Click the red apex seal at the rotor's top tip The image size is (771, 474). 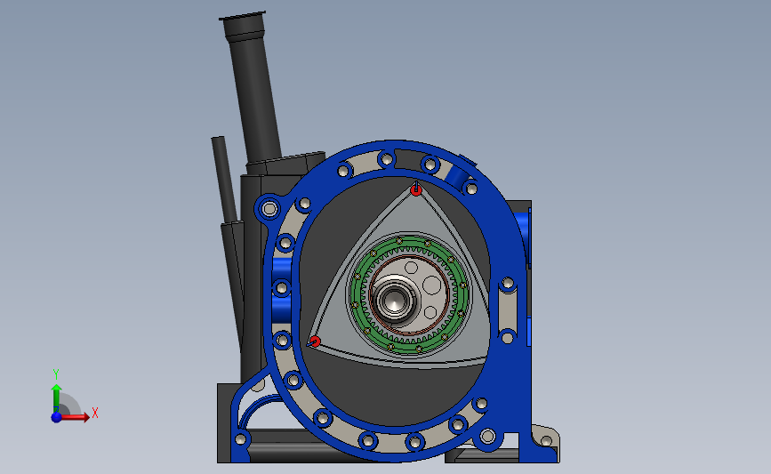pyautogui.click(x=416, y=189)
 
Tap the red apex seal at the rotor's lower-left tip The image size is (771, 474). pyautogui.click(x=315, y=341)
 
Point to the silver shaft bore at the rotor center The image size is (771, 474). pyautogui.click(x=393, y=300)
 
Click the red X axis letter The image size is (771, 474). pyautogui.click(x=95, y=413)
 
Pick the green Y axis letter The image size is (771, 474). pyautogui.click(x=56, y=374)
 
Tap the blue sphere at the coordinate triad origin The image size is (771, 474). pyautogui.click(x=57, y=417)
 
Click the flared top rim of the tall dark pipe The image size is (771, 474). pyautogui.click(x=243, y=18)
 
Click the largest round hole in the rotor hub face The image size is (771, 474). pyautogui.click(x=432, y=285)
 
